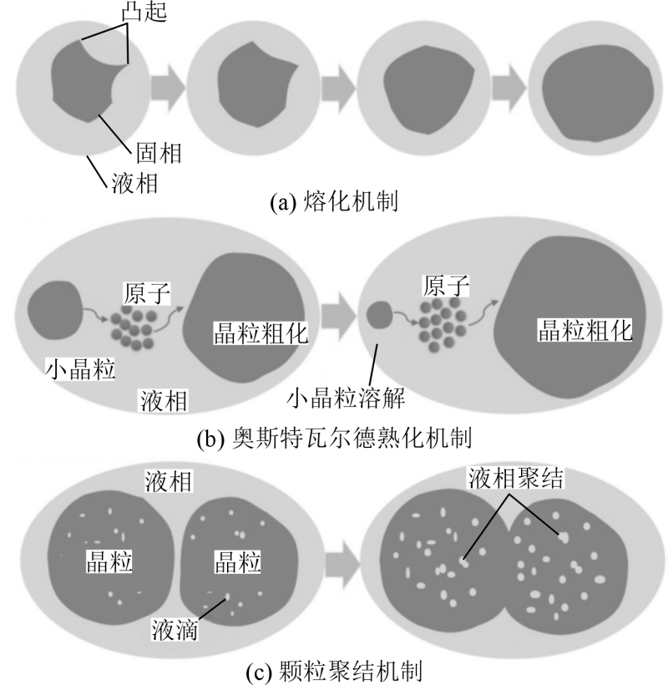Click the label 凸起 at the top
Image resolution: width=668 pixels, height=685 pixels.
pyautogui.click(x=144, y=12)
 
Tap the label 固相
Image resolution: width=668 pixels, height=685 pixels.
pyautogui.click(x=159, y=153)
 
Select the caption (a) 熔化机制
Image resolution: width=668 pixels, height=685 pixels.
pyautogui.click(x=333, y=202)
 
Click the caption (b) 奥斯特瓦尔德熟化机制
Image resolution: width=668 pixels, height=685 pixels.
pyautogui.click(x=334, y=438)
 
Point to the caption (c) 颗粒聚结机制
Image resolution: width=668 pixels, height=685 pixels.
pyautogui.click(x=334, y=672)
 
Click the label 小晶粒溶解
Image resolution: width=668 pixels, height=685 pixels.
pyautogui.click(x=346, y=398)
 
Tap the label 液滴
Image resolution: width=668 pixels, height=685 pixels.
pyautogui.click(x=175, y=630)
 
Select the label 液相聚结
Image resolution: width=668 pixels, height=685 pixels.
pyautogui.click(x=516, y=478)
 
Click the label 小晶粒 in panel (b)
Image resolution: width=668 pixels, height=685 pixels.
pyautogui.click(x=80, y=369)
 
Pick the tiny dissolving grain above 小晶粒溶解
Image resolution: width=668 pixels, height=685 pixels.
pyautogui.click(x=379, y=315)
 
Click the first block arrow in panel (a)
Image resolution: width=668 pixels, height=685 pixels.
pyautogui.click(x=168, y=88)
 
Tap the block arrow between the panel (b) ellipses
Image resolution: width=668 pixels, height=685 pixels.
pyautogui.click(x=339, y=316)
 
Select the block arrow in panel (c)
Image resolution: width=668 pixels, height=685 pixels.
pyautogui.click(x=342, y=565)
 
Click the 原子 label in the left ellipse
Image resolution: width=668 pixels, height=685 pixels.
pyautogui.click(x=147, y=293)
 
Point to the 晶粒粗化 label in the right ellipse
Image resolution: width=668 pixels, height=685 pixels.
pyautogui.click(x=585, y=330)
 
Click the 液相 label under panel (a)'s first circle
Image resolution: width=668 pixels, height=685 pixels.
pyautogui.click(x=134, y=183)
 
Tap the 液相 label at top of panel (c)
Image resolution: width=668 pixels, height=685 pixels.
pyautogui.click(x=169, y=481)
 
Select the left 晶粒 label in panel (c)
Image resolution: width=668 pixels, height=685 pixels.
pyautogui.click(x=109, y=562)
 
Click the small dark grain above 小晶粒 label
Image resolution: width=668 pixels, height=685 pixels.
pyautogui.click(x=55, y=310)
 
